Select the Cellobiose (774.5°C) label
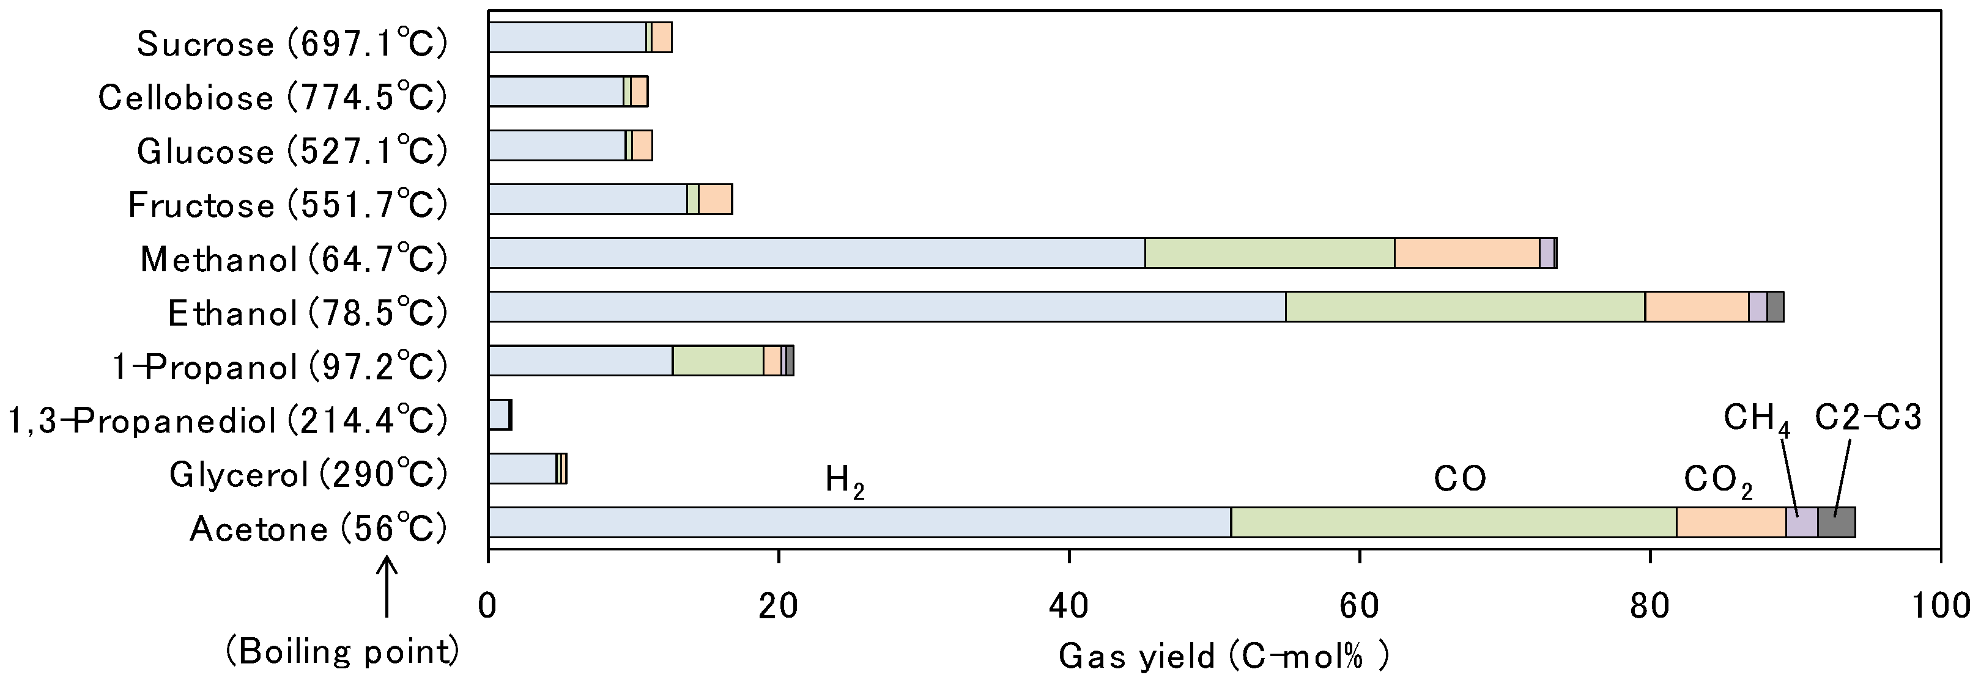point(272,98)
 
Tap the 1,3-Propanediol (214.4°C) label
point(228,420)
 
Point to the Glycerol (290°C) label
point(308,474)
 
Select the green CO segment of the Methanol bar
point(1270,253)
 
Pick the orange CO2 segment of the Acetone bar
point(1730,522)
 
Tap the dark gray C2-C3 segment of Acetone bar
point(1837,522)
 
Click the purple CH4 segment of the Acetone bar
point(1801,522)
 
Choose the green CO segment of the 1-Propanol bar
point(717,360)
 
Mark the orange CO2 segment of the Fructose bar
point(715,199)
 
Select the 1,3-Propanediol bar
point(500,415)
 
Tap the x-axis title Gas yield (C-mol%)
point(1223,656)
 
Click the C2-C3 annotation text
point(1868,417)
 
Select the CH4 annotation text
point(1757,420)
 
